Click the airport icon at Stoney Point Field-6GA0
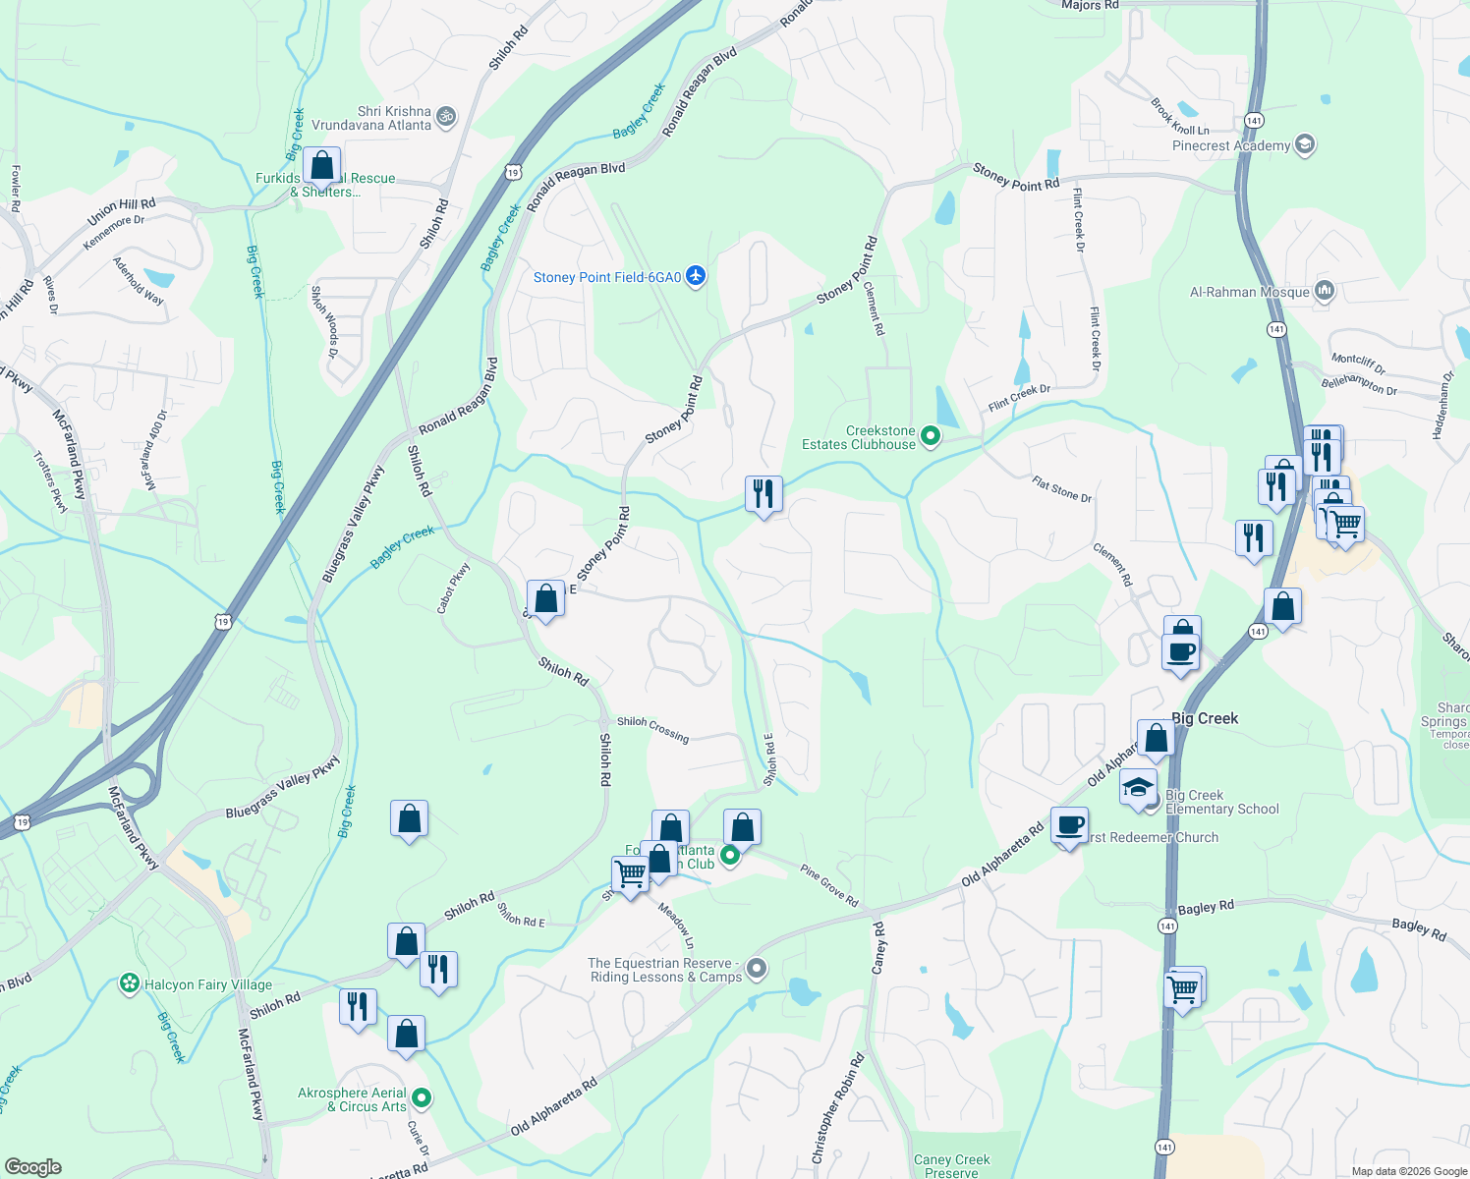[696, 276]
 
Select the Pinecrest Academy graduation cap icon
[1305, 144]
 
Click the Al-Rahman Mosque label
[1249, 292]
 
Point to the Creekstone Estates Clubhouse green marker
[931, 436]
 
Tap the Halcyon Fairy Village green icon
[129, 983]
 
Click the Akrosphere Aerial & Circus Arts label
[352, 1099]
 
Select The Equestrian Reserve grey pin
[756, 969]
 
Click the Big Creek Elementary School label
[1221, 802]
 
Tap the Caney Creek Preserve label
[951, 1165]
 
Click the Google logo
[33, 1166]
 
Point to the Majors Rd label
[1090, 6]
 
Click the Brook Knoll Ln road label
[1179, 117]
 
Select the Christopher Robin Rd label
[838, 1108]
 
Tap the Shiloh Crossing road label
[652, 728]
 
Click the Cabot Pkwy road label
[453, 588]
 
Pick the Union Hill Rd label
[121, 210]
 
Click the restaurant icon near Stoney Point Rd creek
[763, 493]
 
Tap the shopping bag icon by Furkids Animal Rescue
[321, 166]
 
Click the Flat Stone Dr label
[1061, 488]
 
